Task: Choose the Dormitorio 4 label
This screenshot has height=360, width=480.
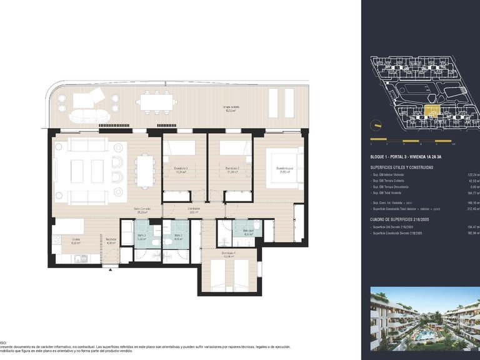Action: (227, 255)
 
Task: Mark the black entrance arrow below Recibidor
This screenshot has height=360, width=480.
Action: (111, 269)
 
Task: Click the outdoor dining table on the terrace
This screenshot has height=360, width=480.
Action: (156, 101)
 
